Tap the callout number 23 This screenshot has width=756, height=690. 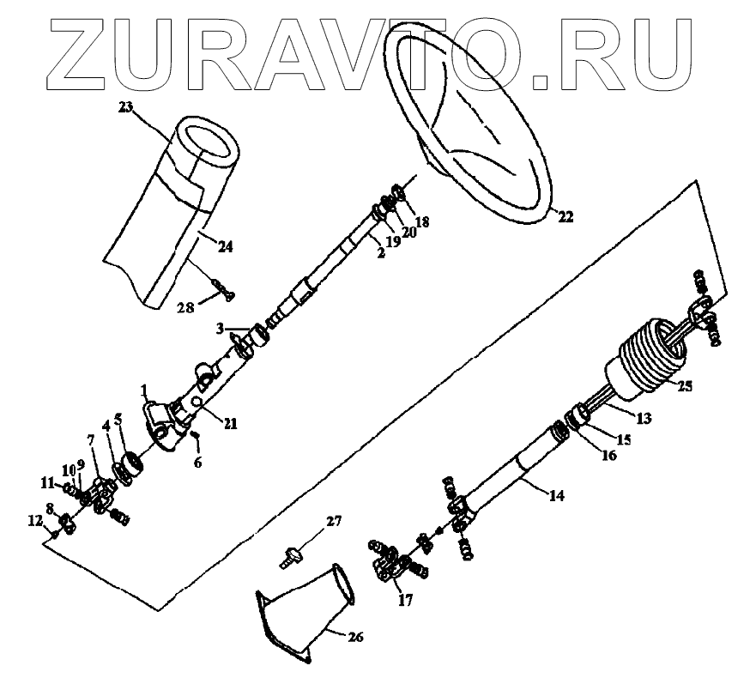click(127, 108)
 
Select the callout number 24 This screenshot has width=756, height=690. click(225, 247)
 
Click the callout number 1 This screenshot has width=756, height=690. click(145, 390)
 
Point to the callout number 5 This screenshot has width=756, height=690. click(118, 421)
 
